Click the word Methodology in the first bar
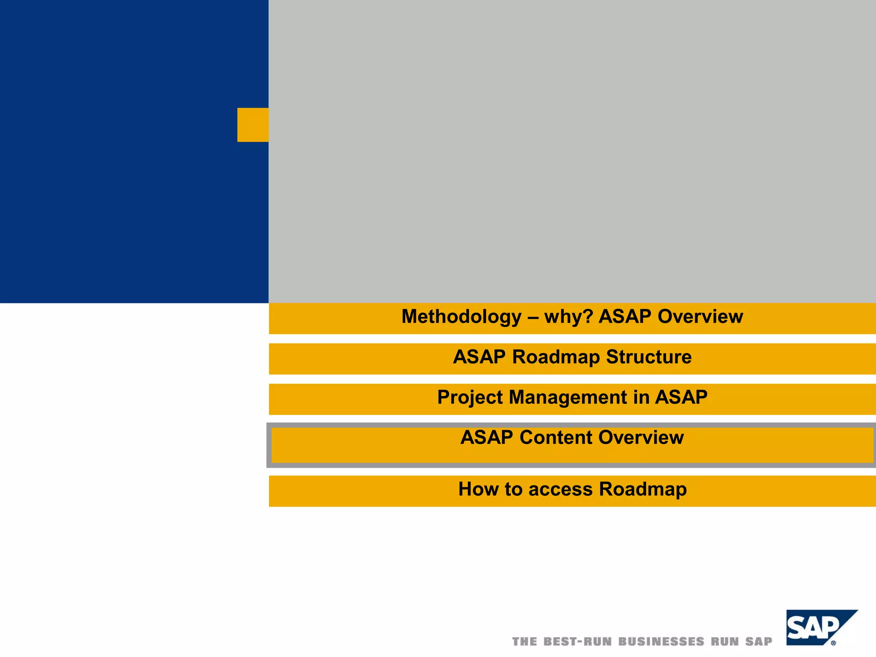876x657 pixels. click(461, 317)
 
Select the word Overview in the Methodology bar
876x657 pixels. click(700, 317)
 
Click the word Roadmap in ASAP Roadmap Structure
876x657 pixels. click(556, 357)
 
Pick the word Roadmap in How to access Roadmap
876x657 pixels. click(642, 489)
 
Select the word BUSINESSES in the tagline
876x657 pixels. click(661, 642)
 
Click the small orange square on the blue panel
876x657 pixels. click(253, 125)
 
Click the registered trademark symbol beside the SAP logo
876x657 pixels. click(833, 643)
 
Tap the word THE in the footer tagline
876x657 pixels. click(524, 642)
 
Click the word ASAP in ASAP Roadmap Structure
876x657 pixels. click(479, 357)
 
